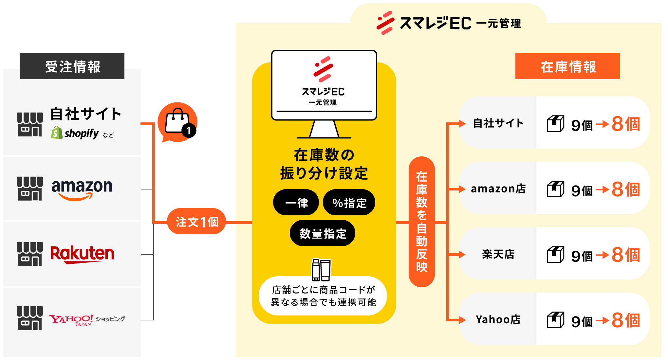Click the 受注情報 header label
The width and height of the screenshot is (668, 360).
coord(72,66)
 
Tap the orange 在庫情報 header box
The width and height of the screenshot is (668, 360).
coord(567,66)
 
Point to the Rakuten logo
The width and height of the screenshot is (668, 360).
coord(82,254)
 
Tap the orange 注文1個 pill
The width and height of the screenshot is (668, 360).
coord(196,222)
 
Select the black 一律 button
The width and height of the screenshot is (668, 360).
coord(296,203)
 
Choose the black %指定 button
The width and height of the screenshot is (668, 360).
coord(349,203)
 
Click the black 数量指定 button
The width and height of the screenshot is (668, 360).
coord(323,233)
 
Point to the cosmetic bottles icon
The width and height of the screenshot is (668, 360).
coord(321,270)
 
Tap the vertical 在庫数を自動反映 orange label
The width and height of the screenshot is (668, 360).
coord(421,222)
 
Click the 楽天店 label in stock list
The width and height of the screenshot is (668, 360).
coord(498,254)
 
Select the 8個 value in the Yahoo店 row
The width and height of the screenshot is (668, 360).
coord(625,320)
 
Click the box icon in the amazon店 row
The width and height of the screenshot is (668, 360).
coord(555,189)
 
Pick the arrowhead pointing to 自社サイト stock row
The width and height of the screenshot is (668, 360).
coord(462,124)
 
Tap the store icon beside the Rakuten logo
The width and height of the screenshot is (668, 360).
coord(30,254)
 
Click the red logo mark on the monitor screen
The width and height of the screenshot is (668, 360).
coord(323,69)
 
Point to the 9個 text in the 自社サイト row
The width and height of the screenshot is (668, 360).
coord(582,125)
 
